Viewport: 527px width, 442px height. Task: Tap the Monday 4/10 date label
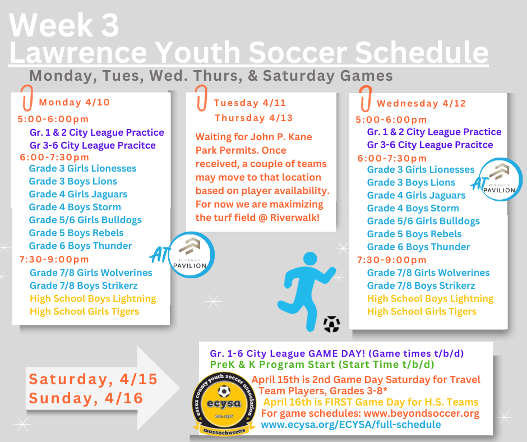75,102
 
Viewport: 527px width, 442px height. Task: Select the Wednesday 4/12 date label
422,103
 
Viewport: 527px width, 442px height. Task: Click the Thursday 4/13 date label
254,118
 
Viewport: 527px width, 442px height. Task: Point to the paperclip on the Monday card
27,98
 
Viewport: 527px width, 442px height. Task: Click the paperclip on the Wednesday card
366,98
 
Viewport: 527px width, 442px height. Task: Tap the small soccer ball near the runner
332,324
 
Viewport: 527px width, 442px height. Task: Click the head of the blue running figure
310,260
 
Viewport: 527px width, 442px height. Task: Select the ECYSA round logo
223,404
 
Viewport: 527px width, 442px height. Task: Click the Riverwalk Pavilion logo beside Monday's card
190,255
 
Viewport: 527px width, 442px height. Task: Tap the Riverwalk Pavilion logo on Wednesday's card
500,179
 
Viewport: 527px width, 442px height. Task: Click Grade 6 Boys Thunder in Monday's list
80,246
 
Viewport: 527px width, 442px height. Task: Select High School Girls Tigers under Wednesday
422,311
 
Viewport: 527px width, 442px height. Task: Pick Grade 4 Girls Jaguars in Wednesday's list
416,195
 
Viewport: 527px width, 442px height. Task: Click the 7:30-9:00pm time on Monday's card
54,259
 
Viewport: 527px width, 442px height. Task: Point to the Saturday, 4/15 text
93,379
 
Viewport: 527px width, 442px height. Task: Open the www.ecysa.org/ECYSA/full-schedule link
351,425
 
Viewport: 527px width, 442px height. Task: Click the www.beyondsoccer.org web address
422,413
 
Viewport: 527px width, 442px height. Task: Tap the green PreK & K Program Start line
322,365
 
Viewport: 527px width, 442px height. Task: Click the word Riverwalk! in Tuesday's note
295,218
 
